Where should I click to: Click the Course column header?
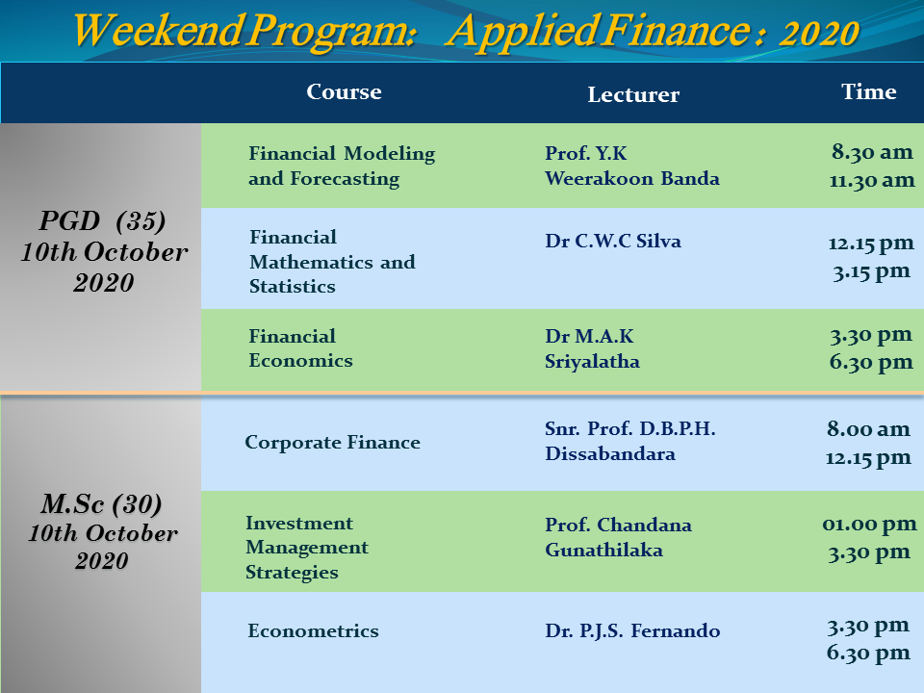[344, 92]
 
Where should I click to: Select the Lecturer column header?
[633, 94]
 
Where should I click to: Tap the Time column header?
[868, 91]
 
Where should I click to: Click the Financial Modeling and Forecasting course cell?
[342, 166]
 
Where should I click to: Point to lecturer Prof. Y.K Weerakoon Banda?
[632, 166]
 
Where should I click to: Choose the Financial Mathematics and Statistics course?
[332, 262]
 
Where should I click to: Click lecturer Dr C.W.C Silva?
[613, 241]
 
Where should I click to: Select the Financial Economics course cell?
[300, 348]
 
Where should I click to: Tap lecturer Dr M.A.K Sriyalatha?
[592, 348]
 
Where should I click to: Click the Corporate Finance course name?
[332, 442]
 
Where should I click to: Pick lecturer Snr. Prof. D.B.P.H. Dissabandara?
[629, 441]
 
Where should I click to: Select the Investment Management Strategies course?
[307, 548]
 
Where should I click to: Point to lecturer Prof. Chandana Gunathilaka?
[618, 537]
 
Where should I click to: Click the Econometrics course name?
[313, 630]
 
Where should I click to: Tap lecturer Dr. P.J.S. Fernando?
[632, 630]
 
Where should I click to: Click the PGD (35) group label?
[103, 221]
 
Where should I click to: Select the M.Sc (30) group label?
[101, 504]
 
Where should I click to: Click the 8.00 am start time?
[868, 428]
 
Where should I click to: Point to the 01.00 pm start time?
[869, 524]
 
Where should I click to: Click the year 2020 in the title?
[819, 33]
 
